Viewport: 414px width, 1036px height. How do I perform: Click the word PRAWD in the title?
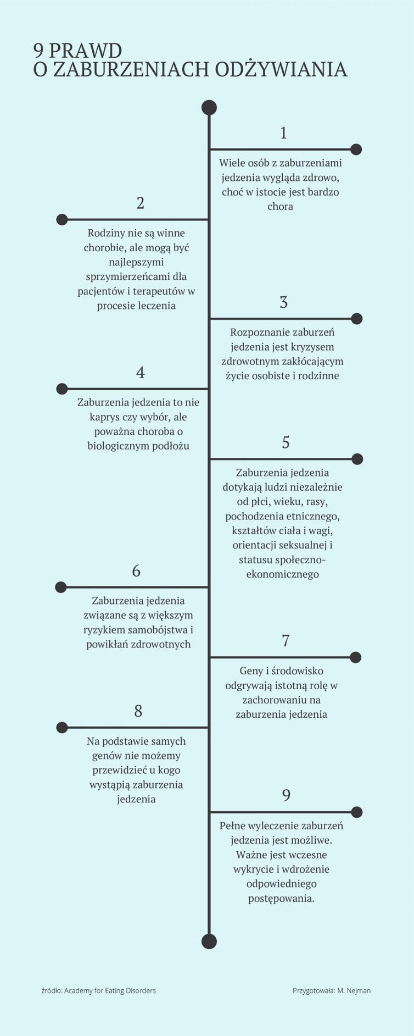pyautogui.click(x=85, y=51)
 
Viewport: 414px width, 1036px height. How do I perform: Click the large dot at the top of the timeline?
pyautogui.click(x=209, y=107)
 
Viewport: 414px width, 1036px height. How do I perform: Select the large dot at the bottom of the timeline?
pyautogui.click(x=209, y=941)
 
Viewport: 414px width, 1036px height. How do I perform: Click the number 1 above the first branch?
pyautogui.click(x=283, y=133)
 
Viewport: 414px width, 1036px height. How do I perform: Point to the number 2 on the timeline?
pyautogui.click(x=141, y=203)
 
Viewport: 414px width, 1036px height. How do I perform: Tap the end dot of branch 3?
pyautogui.click(x=357, y=318)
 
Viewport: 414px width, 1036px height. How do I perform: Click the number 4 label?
pyautogui.click(x=141, y=373)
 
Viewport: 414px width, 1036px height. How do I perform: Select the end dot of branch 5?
pyautogui.click(x=357, y=459)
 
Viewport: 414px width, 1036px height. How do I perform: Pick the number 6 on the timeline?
pyautogui.click(x=136, y=571)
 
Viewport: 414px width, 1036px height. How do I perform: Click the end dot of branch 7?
pyautogui.click(x=356, y=657)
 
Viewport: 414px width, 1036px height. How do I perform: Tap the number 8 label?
pyautogui.click(x=138, y=711)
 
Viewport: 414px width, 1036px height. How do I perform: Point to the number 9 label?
pyautogui.click(x=286, y=796)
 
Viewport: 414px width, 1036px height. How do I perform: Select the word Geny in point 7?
pyautogui.click(x=251, y=672)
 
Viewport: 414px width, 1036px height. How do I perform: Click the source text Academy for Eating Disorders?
pyautogui.click(x=110, y=990)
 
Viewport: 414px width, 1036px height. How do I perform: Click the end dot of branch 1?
pyautogui.click(x=356, y=149)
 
